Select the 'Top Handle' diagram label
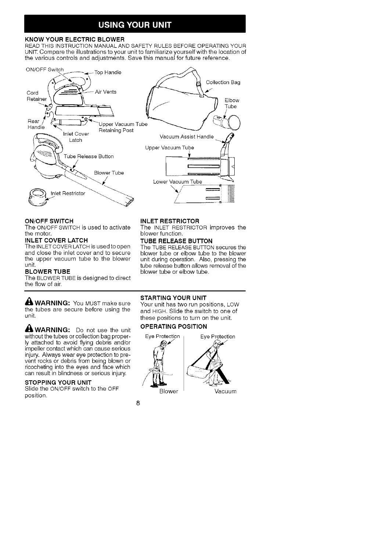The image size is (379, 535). (x=108, y=72)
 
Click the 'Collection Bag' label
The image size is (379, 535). (x=223, y=82)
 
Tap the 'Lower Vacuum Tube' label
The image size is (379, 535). (x=177, y=182)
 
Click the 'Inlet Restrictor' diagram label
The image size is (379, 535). (x=68, y=193)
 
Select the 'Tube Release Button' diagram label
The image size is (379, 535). (x=89, y=156)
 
